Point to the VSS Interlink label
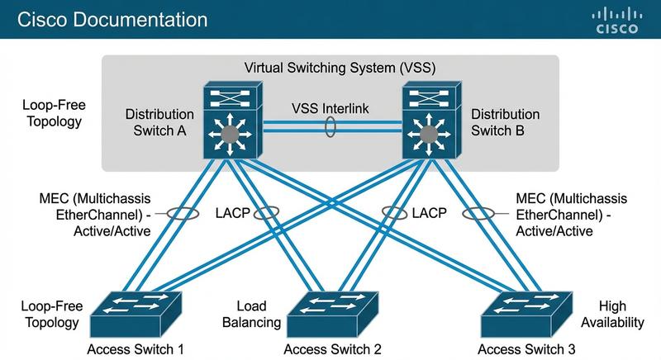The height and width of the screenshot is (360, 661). click(329, 109)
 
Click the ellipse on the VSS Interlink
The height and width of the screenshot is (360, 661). click(330, 129)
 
